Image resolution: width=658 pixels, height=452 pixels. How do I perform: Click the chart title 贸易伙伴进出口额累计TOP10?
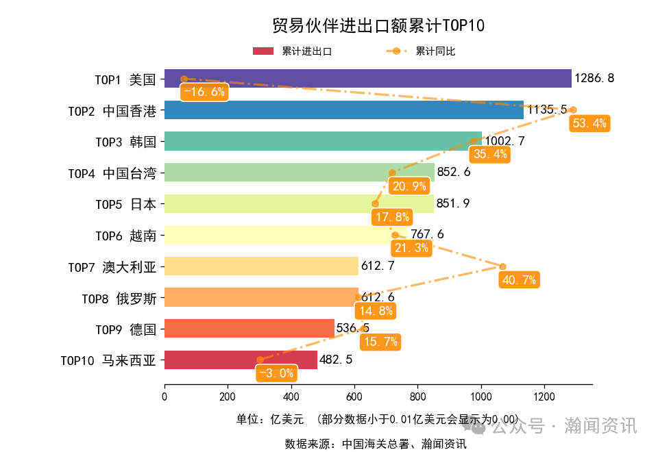[378, 26]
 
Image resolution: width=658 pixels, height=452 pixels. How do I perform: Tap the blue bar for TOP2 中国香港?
[343, 110]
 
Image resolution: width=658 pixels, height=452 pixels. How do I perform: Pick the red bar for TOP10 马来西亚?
[241, 360]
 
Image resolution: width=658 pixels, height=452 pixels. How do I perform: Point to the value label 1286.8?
[594, 78]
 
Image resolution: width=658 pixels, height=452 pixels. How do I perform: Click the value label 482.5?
[336, 360]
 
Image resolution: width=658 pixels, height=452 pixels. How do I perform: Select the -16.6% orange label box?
[204, 92]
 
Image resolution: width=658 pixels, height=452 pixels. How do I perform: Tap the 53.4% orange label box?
[589, 123]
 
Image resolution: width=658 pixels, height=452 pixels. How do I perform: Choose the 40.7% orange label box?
[520, 279]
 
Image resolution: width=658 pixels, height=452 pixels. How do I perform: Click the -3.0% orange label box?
[277, 373]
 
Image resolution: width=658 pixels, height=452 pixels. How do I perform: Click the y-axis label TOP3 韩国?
[125, 141]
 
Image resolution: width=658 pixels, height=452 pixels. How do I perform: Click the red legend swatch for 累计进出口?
[263, 51]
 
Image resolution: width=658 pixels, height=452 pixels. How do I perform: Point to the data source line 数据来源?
[375, 444]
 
